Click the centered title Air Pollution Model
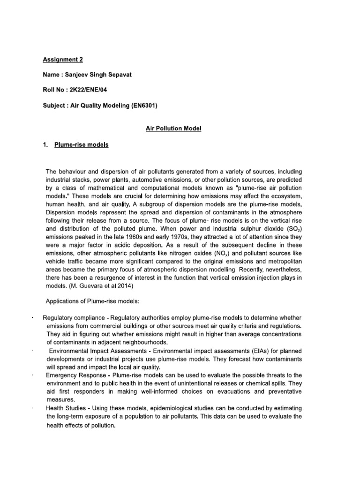[x=173, y=128]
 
